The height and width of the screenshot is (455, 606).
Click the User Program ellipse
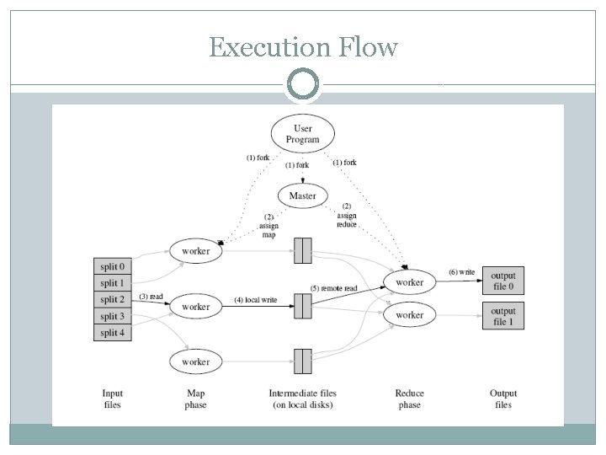pyautogui.click(x=303, y=133)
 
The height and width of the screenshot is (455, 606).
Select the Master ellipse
pyautogui.click(x=303, y=195)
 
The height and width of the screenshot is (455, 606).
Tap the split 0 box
pyautogui.click(x=112, y=266)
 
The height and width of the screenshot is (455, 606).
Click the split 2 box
pyautogui.click(x=112, y=299)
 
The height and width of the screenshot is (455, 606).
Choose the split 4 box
pyautogui.click(x=112, y=332)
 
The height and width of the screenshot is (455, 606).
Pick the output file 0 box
pyautogui.click(x=503, y=281)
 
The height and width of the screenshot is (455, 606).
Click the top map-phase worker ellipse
pyautogui.click(x=195, y=251)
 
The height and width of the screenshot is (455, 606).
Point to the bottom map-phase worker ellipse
pyautogui.click(x=195, y=361)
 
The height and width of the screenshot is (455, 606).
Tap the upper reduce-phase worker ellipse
pyautogui.click(x=410, y=282)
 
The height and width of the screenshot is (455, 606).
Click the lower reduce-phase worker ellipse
pyautogui.click(x=410, y=315)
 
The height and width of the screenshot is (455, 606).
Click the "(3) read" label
pyautogui.click(x=151, y=297)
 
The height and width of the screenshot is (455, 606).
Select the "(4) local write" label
pyautogui.click(x=257, y=301)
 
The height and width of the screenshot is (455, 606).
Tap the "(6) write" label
pyautogui.click(x=460, y=272)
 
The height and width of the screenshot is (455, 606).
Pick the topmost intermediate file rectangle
pyautogui.click(x=302, y=250)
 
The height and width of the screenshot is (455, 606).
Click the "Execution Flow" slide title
pyautogui.click(x=303, y=48)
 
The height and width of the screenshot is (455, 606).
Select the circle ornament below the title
pyautogui.click(x=303, y=84)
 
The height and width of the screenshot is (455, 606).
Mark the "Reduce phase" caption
pyautogui.click(x=410, y=399)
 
